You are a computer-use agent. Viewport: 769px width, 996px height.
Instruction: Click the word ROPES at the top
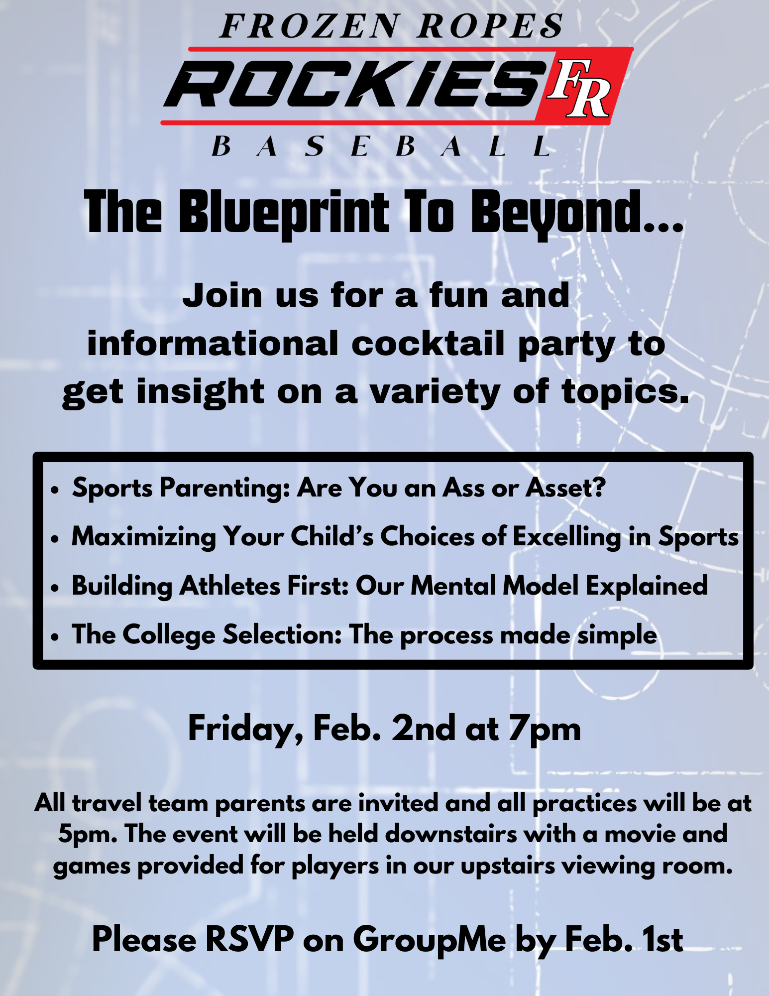490,26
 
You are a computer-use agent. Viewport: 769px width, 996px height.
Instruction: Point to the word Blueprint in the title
284,213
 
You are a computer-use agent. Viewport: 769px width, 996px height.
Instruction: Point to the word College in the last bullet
169,635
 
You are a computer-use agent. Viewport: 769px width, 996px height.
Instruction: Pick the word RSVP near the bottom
249,939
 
